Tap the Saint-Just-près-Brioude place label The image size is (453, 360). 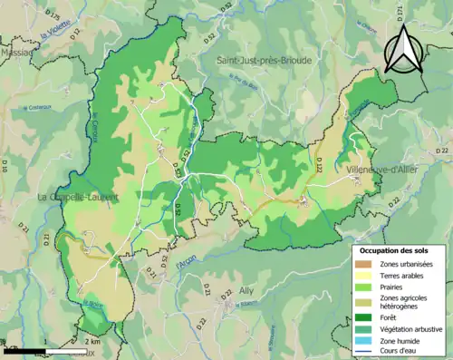coord(264,60)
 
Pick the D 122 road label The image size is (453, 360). coord(319,161)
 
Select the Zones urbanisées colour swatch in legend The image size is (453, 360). coord(366,264)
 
